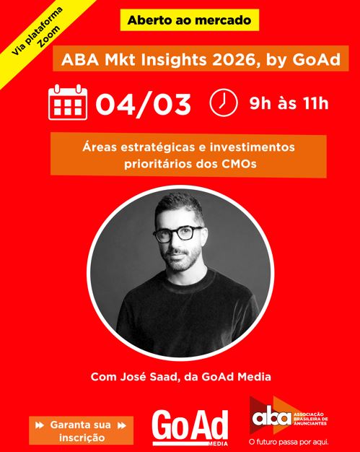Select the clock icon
[x=224, y=103]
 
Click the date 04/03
[x=143, y=104]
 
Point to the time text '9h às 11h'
[x=288, y=103]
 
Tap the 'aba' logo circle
[x=271, y=417]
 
